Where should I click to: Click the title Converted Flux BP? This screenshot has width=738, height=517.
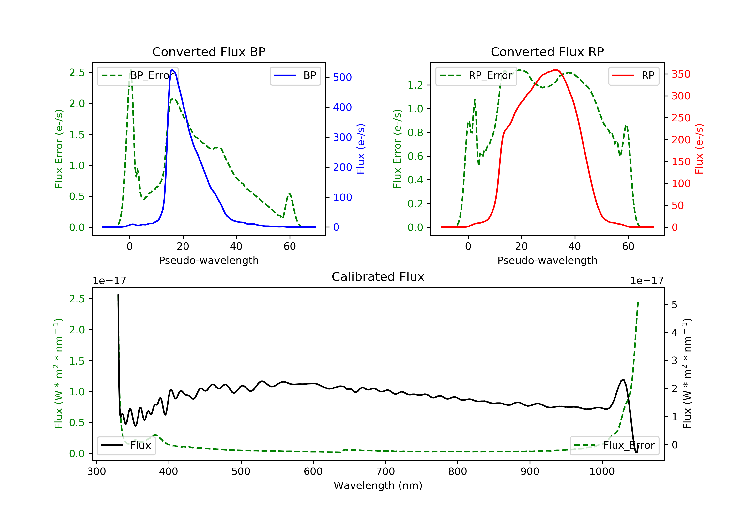[x=209, y=52]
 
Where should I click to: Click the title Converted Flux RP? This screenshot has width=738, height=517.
[x=547, y=52]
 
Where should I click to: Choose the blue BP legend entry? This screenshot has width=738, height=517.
[x=295, y=76]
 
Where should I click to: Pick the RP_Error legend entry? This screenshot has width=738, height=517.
[x=476, y=76]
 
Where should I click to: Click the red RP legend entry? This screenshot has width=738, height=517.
[x=633, y=76]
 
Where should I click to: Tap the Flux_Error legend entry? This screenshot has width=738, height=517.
[x=614, y=445]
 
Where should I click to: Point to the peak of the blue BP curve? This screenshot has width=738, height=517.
[x=172, y=70]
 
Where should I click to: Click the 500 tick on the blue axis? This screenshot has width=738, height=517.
[x=342, y=77]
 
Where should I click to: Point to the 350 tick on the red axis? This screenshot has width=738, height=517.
[x=681, y=74]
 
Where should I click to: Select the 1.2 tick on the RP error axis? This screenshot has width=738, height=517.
[x=415, y=85]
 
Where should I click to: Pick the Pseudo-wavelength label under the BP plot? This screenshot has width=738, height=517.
[x=209, y=260]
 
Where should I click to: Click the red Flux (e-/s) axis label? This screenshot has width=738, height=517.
[x=699, y=149]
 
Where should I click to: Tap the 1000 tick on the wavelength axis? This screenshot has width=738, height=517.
[x=602, y=472]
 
